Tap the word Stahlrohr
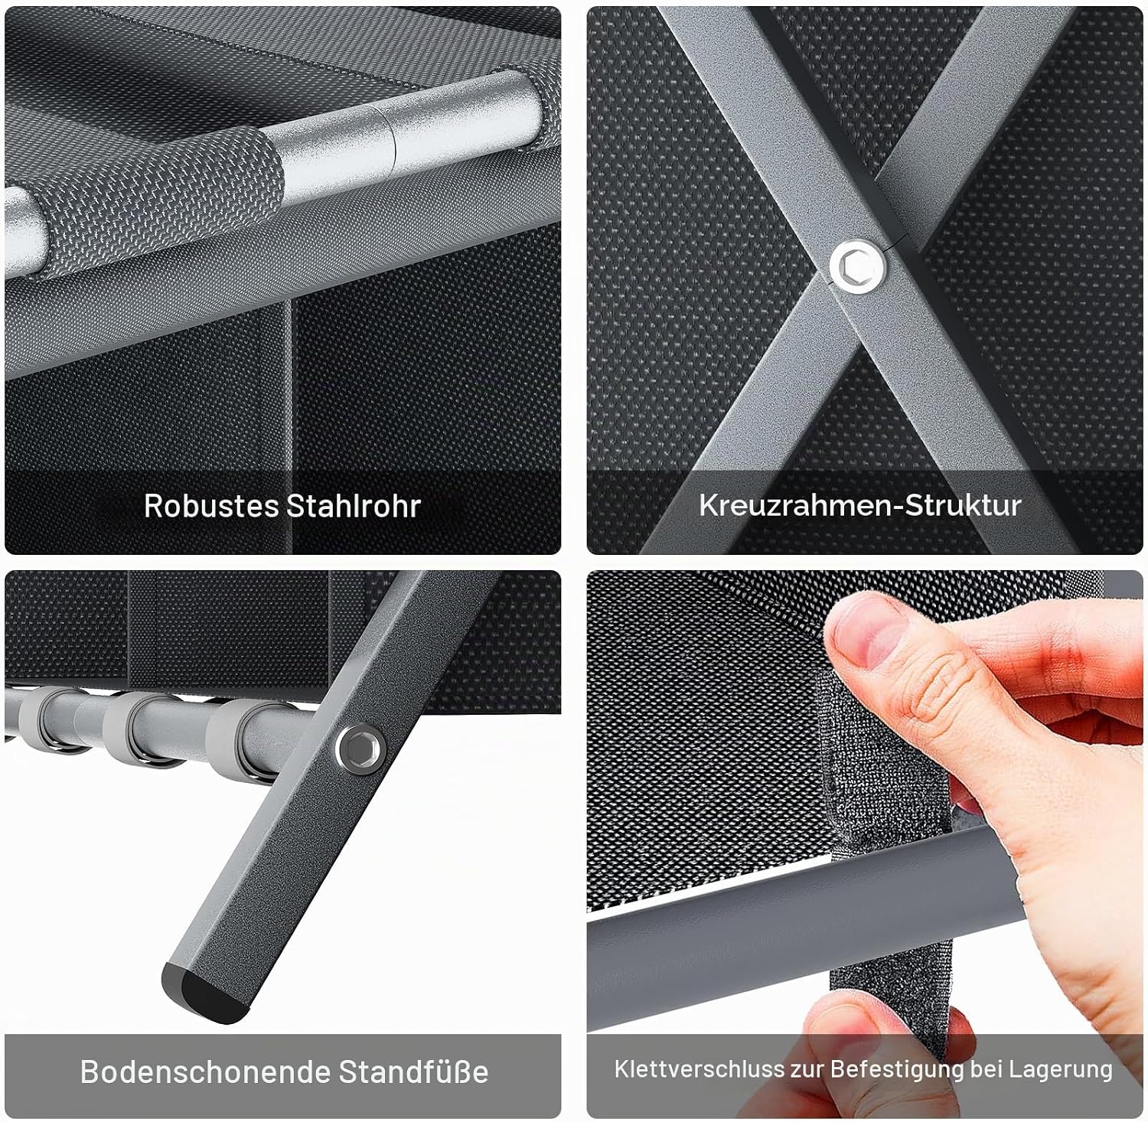pyautogui.click(x=353, y=506)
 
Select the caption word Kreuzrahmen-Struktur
pyautogui.click(x=860, y=505)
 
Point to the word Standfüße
pyautogui.click(x=413, y=1071)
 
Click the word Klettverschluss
pyautogui.click(x=700, y=1069)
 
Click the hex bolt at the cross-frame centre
pyautogui.click(x=858, y=266)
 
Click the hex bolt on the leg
pyautogui.click(x=359, y=748)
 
